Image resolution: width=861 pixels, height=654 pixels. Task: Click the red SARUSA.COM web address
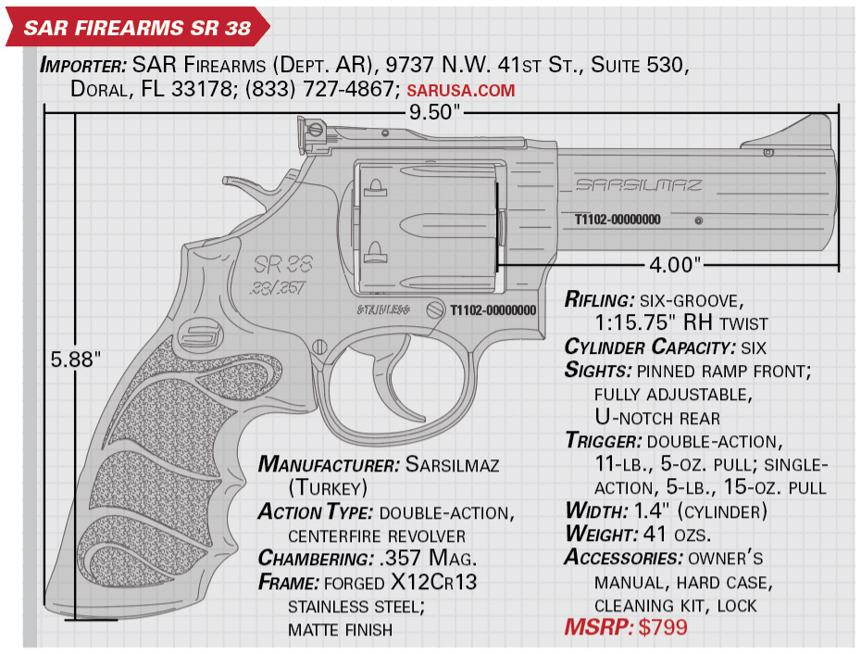[461, 90]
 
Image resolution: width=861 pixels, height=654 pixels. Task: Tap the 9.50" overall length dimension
[434, 112]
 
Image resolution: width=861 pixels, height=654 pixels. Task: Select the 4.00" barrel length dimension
[675, 266]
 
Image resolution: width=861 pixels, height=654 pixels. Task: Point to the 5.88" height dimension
[76, 359]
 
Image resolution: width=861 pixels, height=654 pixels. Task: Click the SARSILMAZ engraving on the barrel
[639, 184]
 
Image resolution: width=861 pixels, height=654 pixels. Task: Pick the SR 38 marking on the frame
[282, 264]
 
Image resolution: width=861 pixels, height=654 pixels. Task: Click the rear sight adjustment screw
[315, 130]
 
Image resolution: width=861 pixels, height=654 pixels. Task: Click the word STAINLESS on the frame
[383, 310]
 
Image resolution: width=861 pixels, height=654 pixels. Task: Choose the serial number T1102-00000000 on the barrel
[618, 220]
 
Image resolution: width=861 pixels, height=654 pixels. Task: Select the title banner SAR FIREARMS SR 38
[137, 28]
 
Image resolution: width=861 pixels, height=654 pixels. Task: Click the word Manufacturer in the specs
[329, 465]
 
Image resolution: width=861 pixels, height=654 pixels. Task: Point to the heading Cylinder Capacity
[650, 347]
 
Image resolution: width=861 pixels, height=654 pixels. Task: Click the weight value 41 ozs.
[672, 535]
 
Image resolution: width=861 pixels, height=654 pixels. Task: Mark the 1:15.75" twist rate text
[636, 323]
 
